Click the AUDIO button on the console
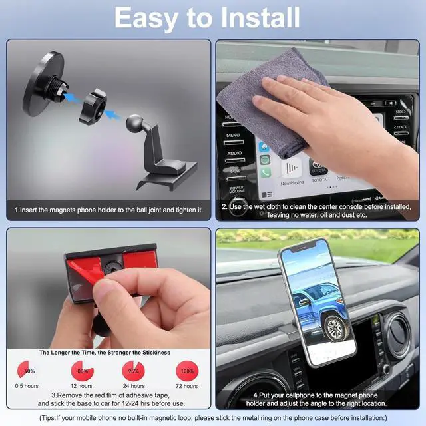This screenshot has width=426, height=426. click(x=234, y=153)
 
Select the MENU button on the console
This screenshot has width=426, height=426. click(x=233, y=135)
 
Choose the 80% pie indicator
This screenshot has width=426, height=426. click(x=82, y=371)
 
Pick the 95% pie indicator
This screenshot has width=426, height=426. click(x=134, y=371)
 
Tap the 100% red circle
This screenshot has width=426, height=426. click(x=186, y=371)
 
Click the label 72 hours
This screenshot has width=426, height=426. click(x=186, y=386)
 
